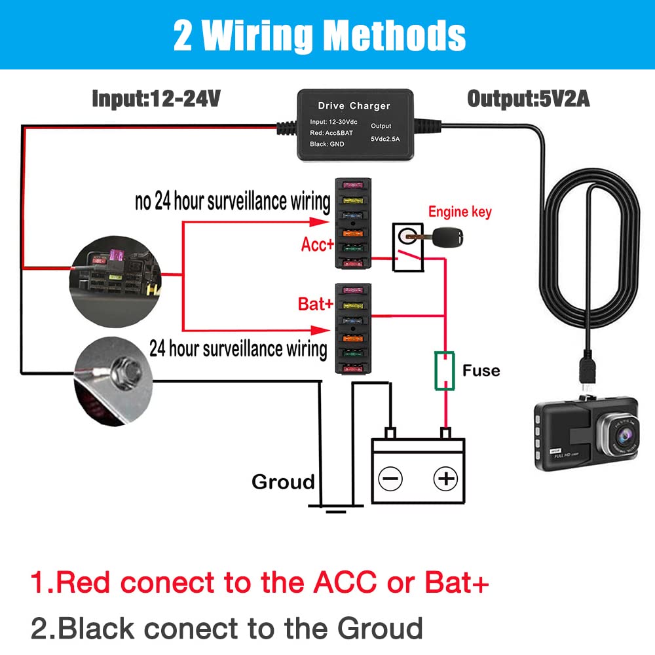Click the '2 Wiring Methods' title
point(319,36)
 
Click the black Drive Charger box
point(354,124)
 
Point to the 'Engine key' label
point(460,212)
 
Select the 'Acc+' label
point(318,244)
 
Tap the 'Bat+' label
point(316,304)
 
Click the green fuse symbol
point(445,371)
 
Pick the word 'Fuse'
point(481,371)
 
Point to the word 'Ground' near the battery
point(283,482)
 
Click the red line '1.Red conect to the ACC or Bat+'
point(259,582)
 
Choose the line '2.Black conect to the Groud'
point(227,628)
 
